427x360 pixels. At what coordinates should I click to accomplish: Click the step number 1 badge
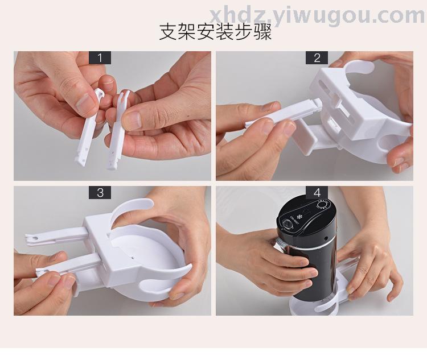[100, 57]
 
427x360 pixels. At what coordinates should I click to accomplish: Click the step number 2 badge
[317, 57]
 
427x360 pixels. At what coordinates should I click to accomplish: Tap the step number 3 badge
[100, 192]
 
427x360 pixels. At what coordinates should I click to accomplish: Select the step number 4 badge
[317, 192]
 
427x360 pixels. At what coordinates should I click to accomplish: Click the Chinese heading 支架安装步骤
[215, 32]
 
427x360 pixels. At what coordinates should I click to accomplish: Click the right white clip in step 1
[118, 131]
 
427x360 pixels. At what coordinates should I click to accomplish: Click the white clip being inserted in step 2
[283, 114]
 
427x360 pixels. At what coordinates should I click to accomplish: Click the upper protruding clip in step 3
[56, 236]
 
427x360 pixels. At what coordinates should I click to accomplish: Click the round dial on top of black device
[323, 205]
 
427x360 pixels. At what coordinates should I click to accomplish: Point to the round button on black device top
[287, 224]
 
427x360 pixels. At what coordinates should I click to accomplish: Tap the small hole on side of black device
[326, 238]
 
